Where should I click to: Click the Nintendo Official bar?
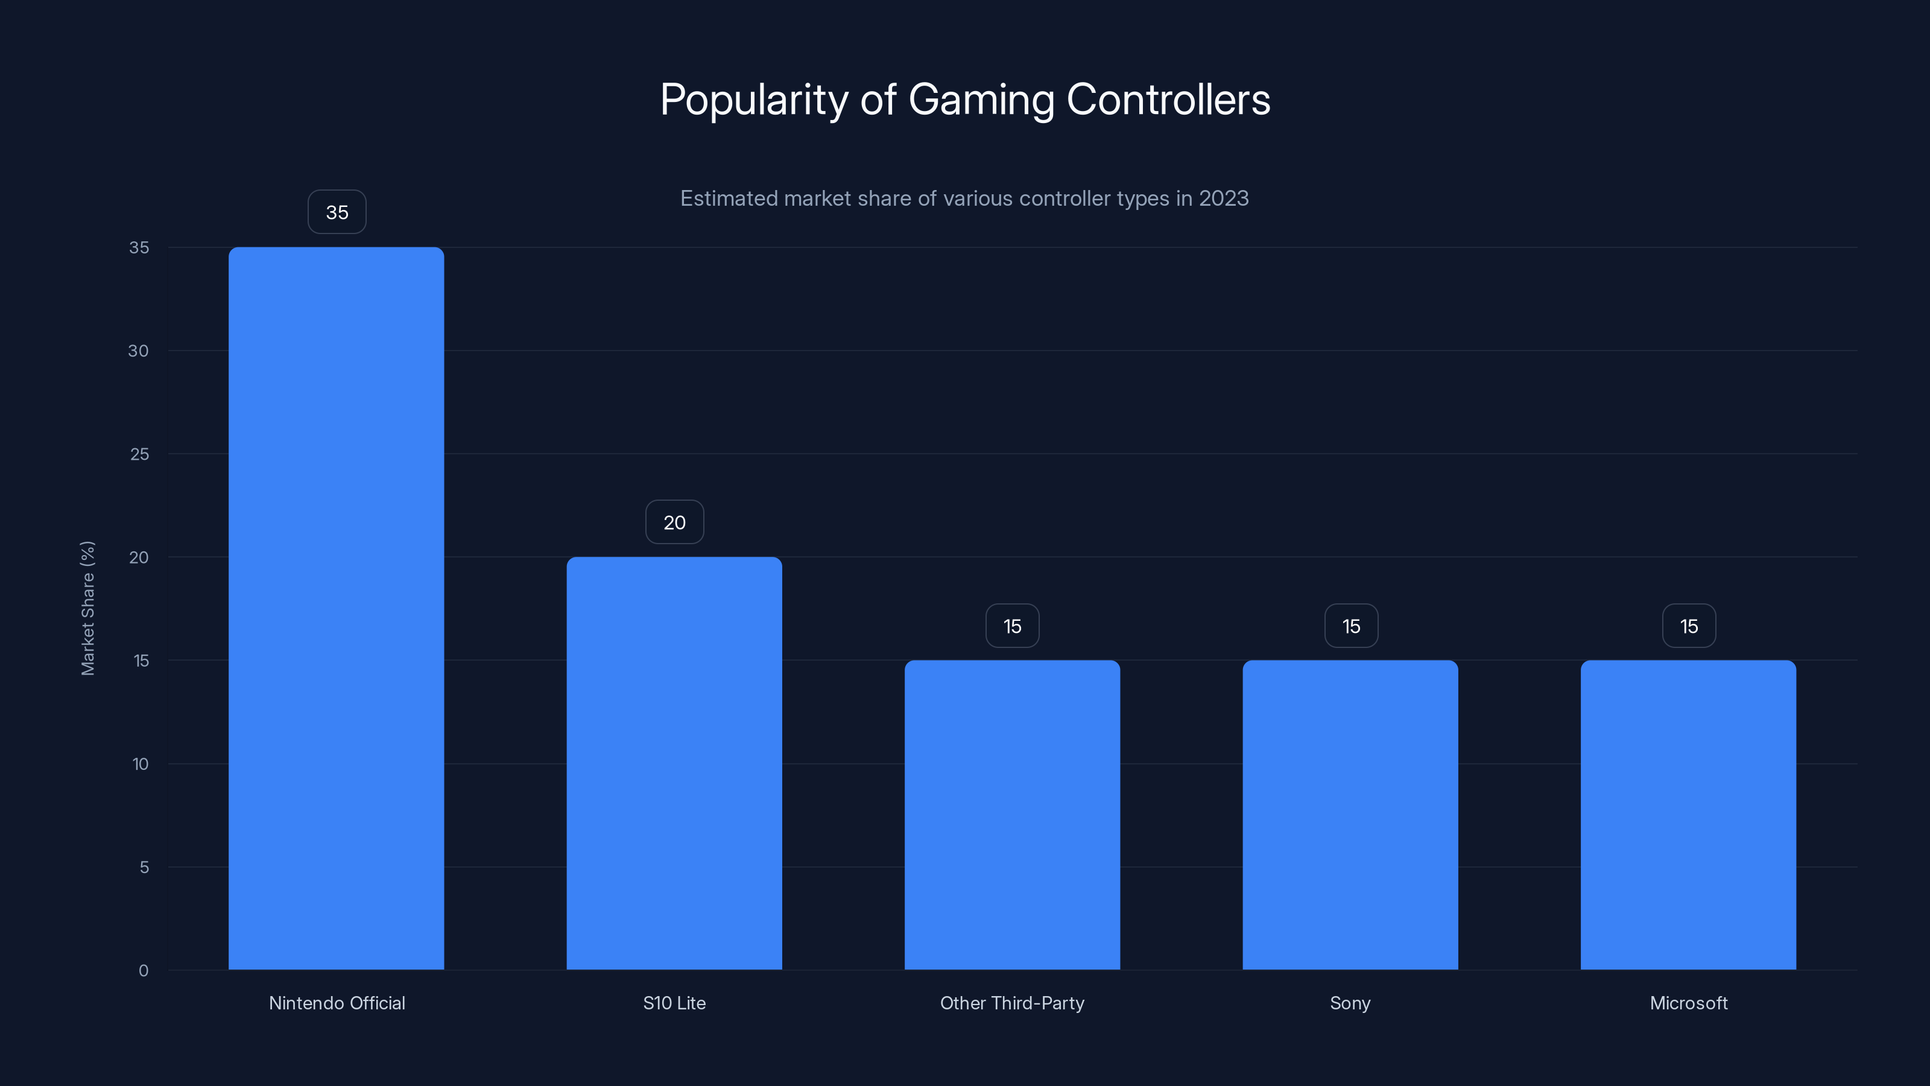336,607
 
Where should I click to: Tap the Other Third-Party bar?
1011,814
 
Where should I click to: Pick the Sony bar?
1350,814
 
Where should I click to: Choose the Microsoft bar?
1688,814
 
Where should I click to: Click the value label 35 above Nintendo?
337,212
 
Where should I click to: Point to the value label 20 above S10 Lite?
674,522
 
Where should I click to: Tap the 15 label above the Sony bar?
1351,626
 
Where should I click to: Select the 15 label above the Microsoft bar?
1689,626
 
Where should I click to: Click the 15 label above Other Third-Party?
1012,626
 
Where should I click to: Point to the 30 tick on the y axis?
139,351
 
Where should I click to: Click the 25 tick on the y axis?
139,454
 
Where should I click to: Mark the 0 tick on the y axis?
143,971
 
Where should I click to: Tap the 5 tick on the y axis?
144,867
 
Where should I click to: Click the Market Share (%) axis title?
87,608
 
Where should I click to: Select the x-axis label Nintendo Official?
337,1003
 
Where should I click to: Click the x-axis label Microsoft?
1688,1003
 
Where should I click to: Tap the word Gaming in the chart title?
981,100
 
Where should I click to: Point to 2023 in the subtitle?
1224,198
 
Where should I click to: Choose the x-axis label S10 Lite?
674,1003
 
